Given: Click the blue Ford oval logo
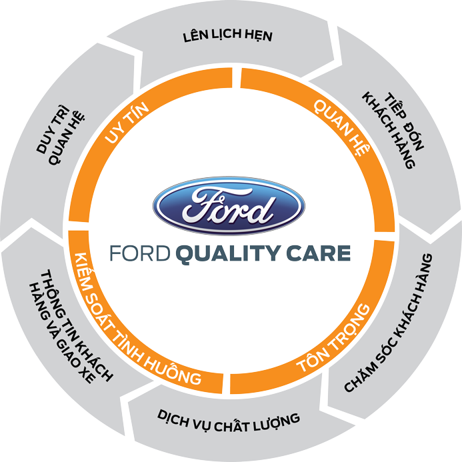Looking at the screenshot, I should point(229,205).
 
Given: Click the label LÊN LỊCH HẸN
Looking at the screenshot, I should point(227,35).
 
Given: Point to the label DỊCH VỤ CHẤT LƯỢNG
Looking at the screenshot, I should point(229,419).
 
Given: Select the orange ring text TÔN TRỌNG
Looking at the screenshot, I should point(334,337).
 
